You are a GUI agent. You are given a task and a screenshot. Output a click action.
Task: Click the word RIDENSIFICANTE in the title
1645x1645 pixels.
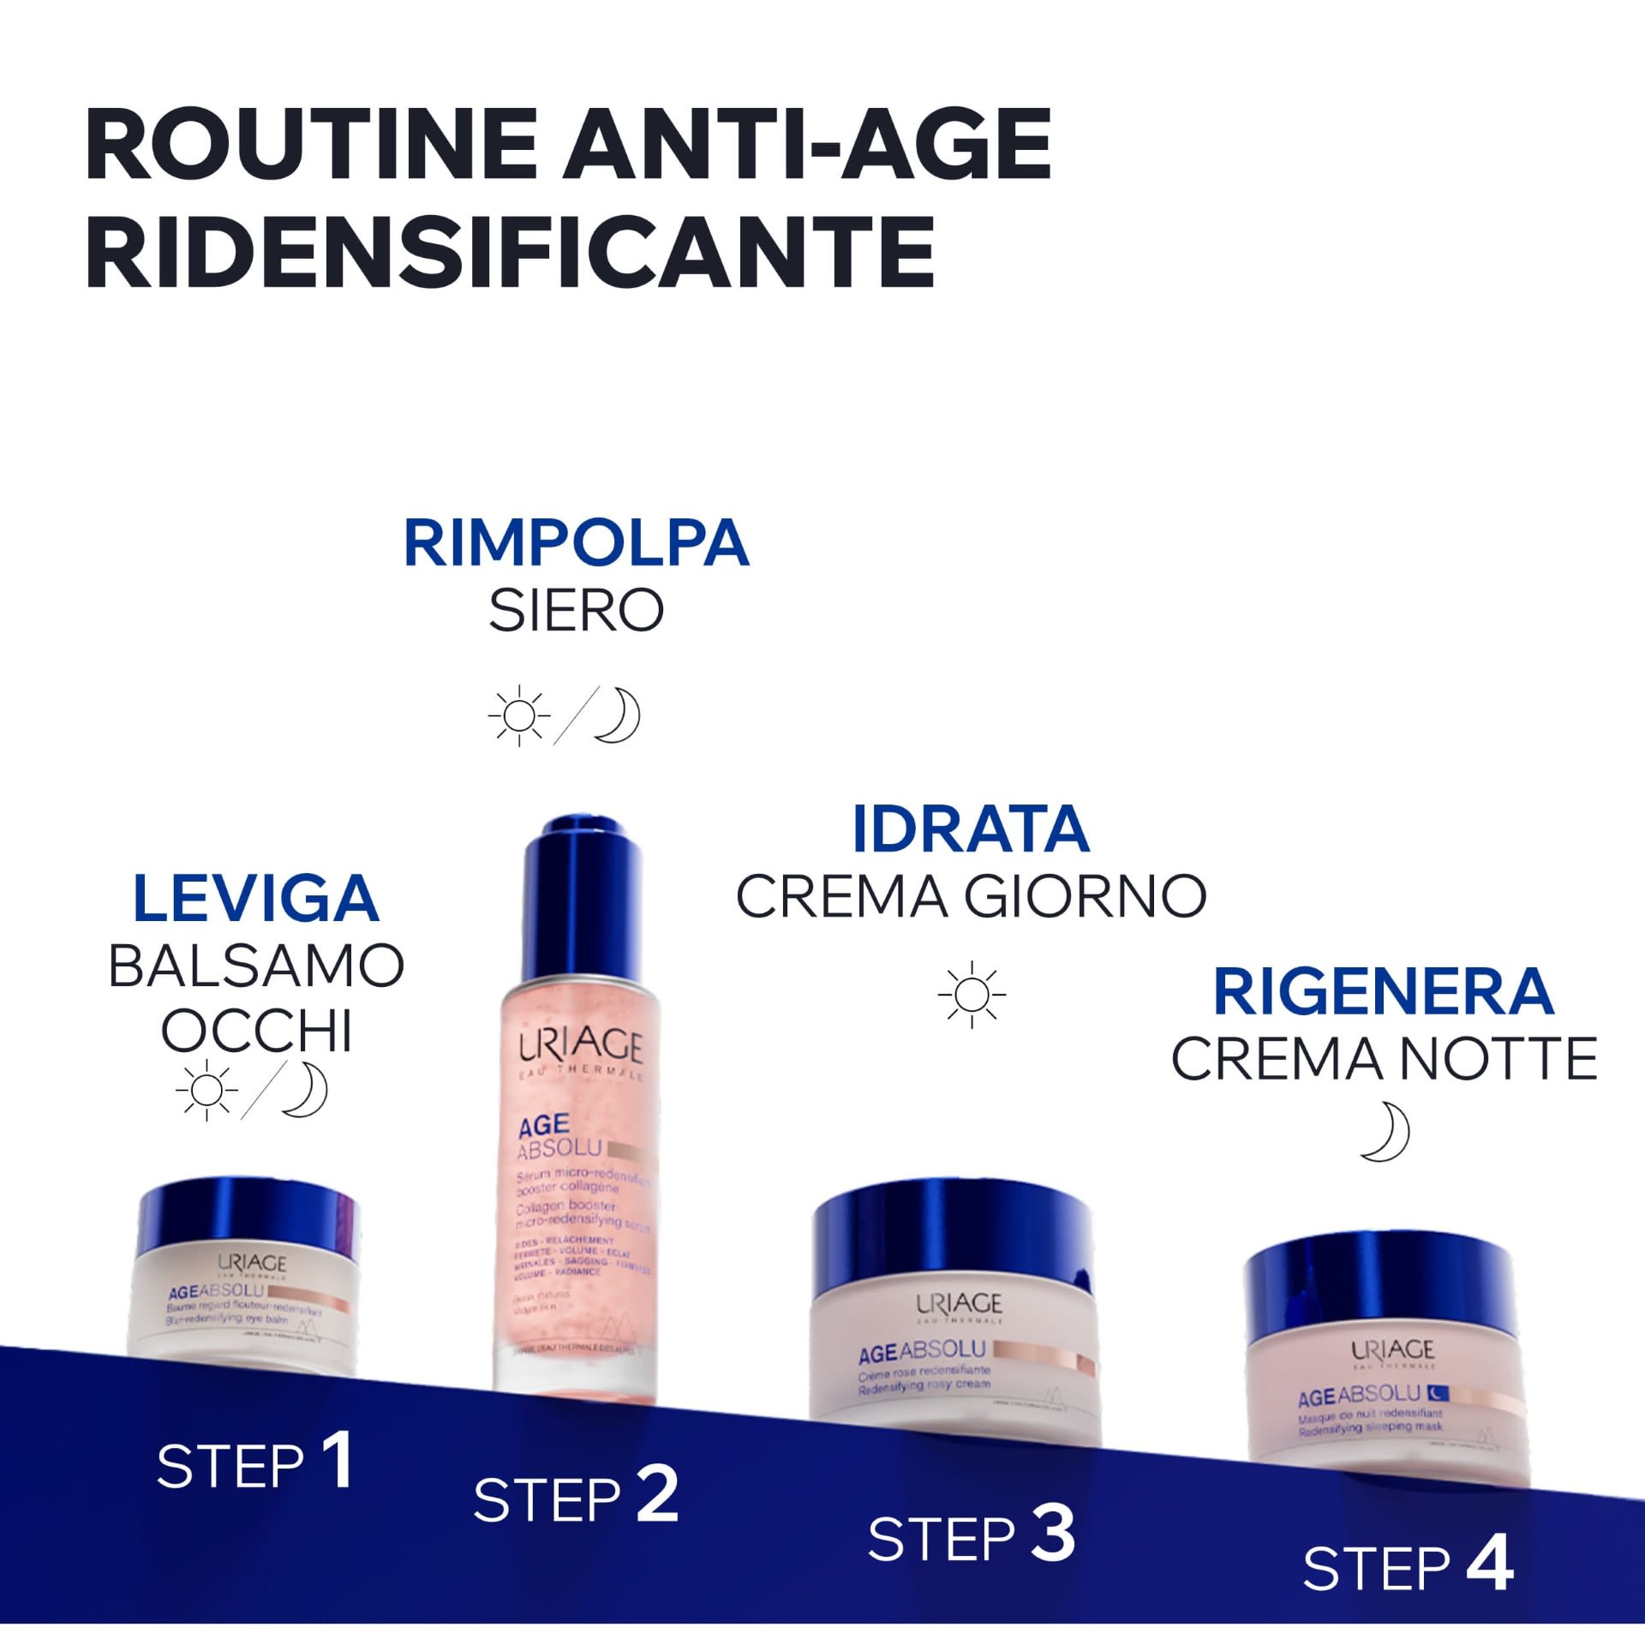pos(511,252)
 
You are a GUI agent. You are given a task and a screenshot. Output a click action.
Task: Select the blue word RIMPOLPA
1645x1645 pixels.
pos(576,543)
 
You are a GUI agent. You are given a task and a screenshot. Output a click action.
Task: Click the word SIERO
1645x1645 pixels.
pos(576,610)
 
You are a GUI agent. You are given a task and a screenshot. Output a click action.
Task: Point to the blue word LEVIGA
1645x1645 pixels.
pos(255,899)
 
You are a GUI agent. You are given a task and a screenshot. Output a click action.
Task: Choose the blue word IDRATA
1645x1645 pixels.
pos(970,829)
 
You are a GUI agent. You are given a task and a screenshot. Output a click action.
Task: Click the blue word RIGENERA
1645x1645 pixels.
pos(1383,991)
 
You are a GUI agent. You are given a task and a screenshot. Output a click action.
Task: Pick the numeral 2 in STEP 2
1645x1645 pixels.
pos(657,1494)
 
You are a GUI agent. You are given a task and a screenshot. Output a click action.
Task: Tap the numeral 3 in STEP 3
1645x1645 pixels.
pos(1052,1533)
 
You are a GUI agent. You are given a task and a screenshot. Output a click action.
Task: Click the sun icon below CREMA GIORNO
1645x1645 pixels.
pos(972,994)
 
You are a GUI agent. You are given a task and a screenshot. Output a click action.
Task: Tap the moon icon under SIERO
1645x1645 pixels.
pos(618,715)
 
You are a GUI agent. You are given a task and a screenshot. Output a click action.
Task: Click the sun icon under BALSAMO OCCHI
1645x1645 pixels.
pos(206,1090)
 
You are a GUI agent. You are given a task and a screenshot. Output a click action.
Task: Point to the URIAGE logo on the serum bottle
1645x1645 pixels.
pos(580,1045)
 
